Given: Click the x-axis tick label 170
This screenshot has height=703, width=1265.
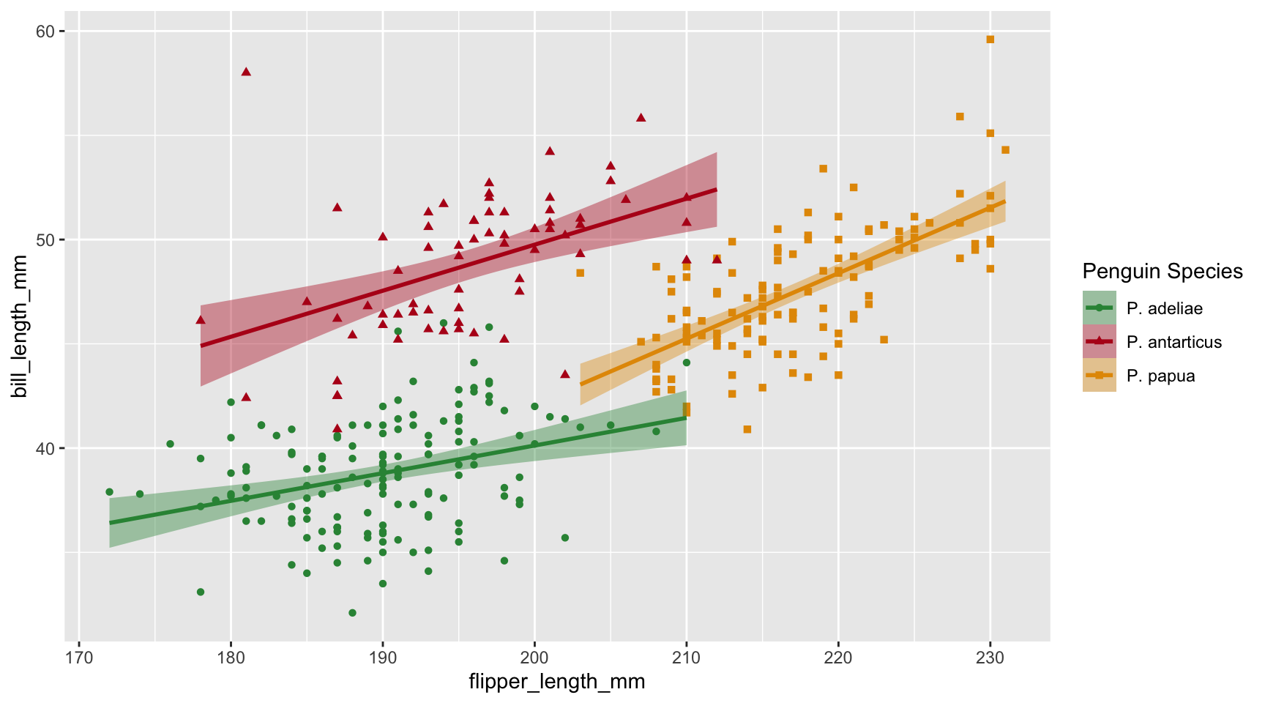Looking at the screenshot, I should [79, 657].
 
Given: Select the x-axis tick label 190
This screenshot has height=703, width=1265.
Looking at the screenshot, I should [382, 657].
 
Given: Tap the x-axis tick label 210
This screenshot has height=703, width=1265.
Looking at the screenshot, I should [686, 657].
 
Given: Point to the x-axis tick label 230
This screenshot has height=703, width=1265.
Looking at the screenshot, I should [990, 657].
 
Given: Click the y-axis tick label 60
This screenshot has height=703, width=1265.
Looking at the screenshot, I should [46, 31].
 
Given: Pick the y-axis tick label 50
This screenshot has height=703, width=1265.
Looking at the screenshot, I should [46, 239].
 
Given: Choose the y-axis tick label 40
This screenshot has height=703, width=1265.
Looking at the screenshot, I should [46, 448].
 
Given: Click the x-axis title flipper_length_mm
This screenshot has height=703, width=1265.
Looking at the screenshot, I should [556, 682].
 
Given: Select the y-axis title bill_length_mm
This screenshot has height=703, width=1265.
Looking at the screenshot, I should [20, 327].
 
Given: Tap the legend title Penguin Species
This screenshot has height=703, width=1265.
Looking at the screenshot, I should [1163, 272].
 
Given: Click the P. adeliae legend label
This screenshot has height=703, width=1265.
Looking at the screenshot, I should [1164, 308].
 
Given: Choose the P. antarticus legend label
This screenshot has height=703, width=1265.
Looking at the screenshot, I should [1174, 342].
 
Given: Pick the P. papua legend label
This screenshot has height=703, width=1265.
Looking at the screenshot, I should [1160, 376].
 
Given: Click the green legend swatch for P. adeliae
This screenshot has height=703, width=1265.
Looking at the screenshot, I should [1099, 308].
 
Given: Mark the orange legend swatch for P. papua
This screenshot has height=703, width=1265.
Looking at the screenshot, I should [1099, 376].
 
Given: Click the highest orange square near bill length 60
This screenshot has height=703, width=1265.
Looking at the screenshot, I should [990, 40].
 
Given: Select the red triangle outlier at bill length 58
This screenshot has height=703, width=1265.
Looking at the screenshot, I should [246, 72].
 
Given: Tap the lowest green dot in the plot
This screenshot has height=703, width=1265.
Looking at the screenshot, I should [352, 613].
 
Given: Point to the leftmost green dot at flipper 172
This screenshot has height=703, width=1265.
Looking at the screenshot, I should [109, 492].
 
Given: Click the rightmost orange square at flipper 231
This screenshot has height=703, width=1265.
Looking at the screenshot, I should [1005, 150].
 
